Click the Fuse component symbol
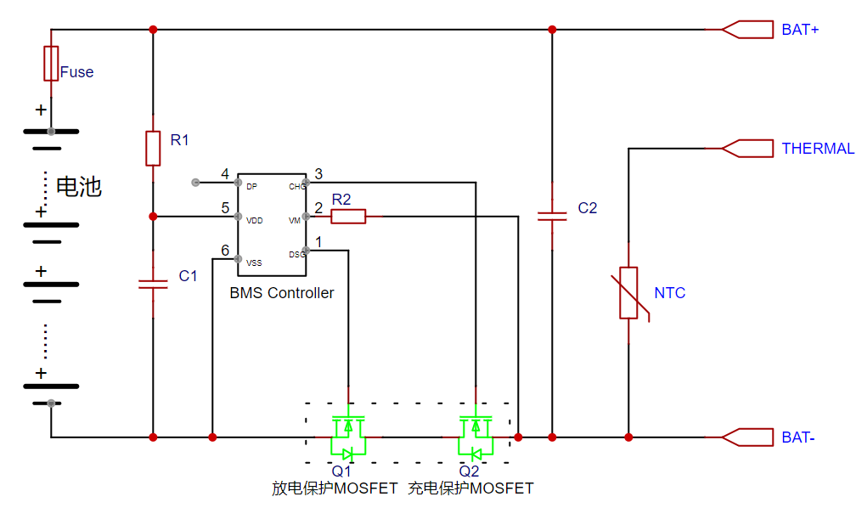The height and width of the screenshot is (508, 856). click(51, 64)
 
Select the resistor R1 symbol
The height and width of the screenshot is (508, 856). click(153, 148)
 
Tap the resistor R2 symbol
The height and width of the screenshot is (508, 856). click(348, 217)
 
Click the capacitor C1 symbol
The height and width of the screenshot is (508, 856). click(153, 284)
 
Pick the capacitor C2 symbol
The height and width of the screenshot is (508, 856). click(552, 216)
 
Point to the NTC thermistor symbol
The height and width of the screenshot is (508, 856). click(628, 293)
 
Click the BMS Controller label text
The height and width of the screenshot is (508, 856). click(282, 293)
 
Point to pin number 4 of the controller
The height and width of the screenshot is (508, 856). click(225, 175)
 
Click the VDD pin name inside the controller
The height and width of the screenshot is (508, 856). click(254, 220)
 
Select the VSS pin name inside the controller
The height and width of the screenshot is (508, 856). click(254, 262)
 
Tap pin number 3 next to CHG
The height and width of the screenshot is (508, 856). click(318, 175)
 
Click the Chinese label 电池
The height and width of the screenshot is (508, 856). click(79, 187)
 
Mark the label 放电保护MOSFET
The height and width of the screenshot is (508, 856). click(335, 488)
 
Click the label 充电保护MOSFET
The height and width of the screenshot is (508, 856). click(470, 488)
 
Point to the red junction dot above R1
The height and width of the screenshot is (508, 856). click(153, 30)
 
